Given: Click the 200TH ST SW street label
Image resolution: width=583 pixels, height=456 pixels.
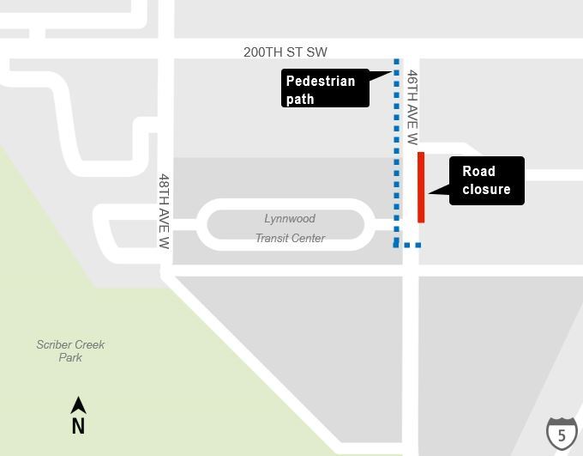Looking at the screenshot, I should (285, 52).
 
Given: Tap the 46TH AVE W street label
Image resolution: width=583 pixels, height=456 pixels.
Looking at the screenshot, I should (412, 107).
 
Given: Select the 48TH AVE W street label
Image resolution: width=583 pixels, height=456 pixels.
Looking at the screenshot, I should (164, 211).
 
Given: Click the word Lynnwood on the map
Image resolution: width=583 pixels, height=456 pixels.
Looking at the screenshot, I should (290, 219).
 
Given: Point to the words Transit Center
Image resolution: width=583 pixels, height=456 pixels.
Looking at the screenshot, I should (290, 238).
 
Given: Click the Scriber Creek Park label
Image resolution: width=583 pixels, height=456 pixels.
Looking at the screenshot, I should (70, 350).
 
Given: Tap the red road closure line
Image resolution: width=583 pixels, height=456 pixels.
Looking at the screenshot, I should (421, 187).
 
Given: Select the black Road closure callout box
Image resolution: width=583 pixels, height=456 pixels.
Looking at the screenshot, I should (486, 180).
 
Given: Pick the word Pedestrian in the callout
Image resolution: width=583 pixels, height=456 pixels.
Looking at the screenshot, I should (320, 82).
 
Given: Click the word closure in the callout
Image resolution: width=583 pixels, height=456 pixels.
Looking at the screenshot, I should (486, 189).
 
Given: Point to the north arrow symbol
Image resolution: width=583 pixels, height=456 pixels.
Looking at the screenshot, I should (78, 405).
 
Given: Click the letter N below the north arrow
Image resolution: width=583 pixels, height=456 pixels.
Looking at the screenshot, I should (78, 425).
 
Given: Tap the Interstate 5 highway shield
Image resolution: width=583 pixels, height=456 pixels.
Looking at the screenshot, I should (562, 434).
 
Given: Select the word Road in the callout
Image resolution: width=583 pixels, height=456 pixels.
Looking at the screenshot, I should (478, 171).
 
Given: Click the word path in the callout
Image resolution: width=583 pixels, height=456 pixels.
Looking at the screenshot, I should (300, 99).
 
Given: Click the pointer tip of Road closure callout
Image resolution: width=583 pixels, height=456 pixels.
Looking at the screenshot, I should (428, 192).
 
